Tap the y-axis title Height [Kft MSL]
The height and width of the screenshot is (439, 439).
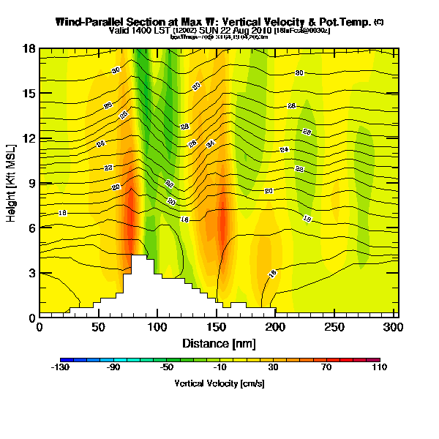pos(12,182)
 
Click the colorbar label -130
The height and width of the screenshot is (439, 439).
pos(61,368)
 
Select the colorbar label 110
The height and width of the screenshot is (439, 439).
pos(379,368)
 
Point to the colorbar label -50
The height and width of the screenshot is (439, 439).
pos(168,368)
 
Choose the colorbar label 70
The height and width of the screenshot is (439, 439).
pos(326,368)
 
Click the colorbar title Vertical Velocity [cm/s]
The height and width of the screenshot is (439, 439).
pos(219,383)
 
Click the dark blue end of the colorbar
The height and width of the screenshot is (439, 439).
pos(63,359)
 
